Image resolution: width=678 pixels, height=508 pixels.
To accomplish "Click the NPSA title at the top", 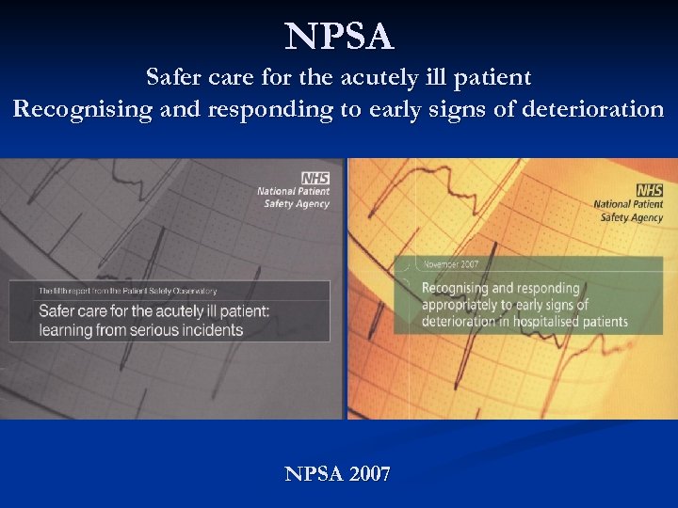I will point(339,38).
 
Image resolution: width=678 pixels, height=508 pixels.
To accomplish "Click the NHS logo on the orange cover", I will point(650,191).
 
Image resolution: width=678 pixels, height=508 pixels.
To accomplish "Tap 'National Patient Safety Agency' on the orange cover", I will point(628,212).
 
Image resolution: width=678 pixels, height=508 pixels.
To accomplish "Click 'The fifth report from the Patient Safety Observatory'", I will point(128,292).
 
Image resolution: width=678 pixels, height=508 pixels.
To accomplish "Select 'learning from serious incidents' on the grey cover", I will point(141,330).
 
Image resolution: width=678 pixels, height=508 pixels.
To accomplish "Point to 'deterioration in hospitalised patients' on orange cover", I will point(525,322).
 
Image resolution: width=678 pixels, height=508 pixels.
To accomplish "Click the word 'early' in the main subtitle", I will point(396,110).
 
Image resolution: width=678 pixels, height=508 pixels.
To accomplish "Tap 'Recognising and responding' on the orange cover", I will point(501,289).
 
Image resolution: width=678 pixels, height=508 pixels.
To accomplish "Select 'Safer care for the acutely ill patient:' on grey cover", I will point(154,311).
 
